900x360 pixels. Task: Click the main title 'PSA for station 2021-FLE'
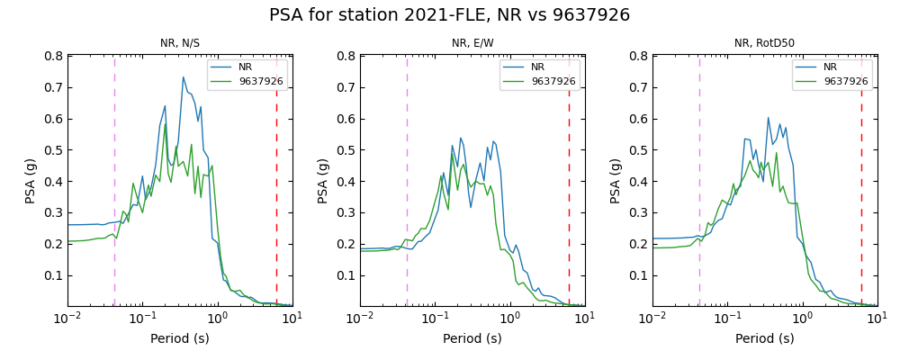449,15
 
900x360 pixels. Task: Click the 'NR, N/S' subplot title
180,43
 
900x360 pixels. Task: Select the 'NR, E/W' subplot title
472,43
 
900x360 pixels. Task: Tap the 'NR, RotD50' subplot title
764,43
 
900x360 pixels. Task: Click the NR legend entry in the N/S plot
246,67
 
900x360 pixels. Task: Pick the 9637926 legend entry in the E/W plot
553,81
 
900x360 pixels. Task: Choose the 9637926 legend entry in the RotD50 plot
845,81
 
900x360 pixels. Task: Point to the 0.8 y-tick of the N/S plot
53,56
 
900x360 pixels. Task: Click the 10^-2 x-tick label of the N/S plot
67,319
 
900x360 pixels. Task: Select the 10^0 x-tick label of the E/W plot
509,319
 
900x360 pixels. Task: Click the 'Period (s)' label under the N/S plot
180,339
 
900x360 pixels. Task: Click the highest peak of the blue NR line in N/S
183,77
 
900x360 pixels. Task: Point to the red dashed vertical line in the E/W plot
569,180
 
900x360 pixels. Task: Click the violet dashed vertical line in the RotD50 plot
699,180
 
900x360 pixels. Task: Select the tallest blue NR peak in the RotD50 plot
769,118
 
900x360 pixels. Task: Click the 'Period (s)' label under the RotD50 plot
764,339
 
